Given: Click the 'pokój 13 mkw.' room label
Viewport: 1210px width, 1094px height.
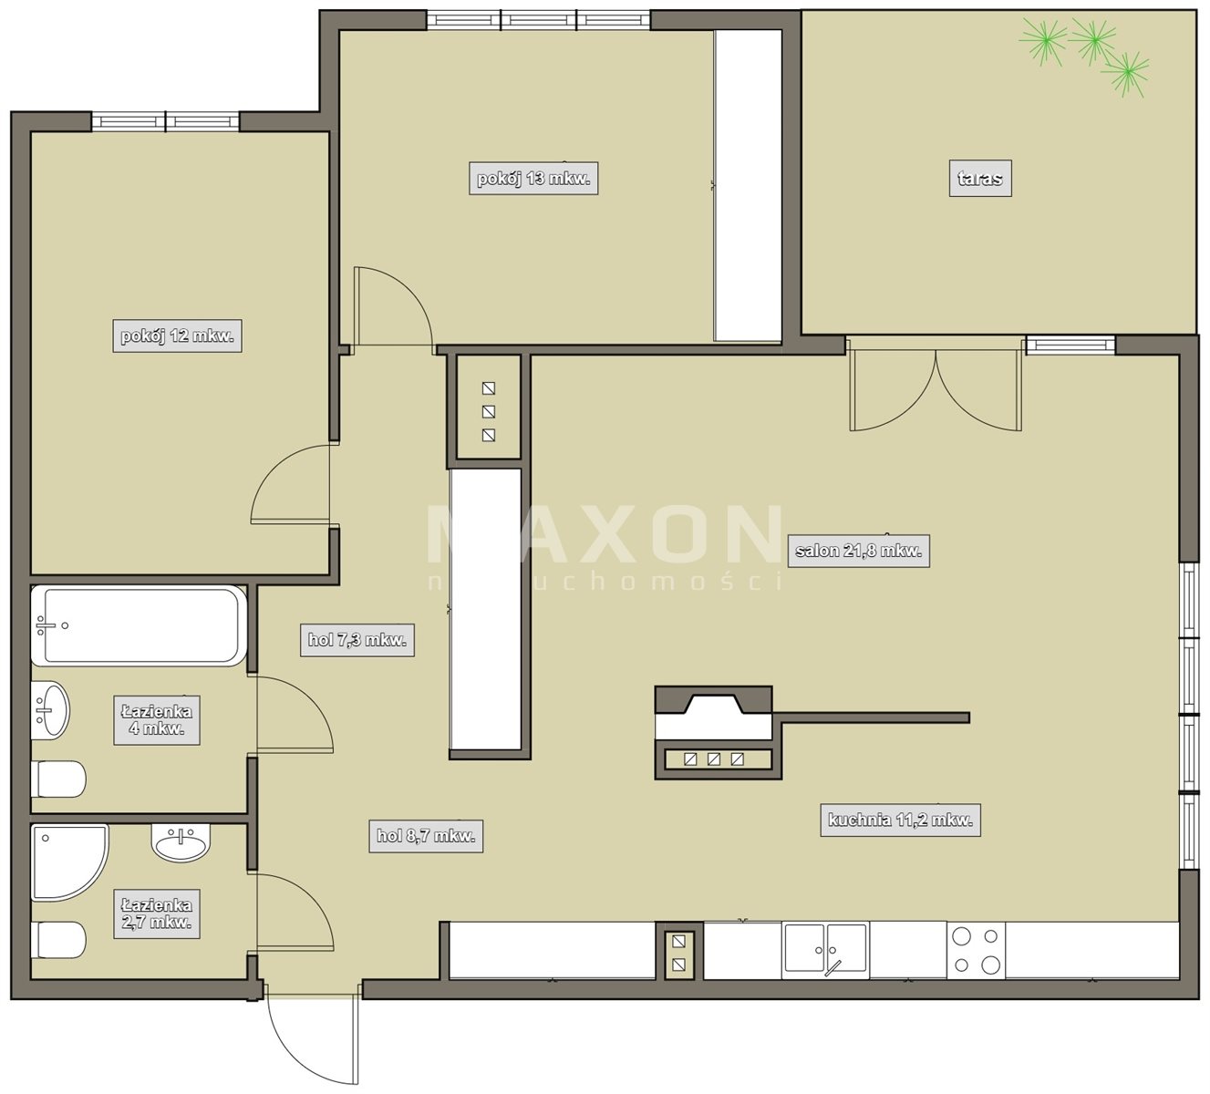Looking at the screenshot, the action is click(533, 179).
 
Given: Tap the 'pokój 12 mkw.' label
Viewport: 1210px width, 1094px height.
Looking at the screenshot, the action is click(177, 335).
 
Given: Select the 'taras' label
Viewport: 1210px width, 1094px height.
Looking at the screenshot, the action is click(980, 179).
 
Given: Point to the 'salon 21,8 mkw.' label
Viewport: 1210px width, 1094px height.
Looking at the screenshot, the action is click(859, 551).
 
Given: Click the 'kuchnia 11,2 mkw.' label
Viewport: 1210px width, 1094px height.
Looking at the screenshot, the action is click(901, 820).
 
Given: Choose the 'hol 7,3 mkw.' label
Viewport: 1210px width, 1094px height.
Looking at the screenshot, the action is click(357, 640).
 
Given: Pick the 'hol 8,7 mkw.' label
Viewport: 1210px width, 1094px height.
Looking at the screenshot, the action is click(426, 836).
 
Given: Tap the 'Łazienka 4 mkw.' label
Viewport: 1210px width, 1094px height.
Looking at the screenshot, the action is click(157, 720).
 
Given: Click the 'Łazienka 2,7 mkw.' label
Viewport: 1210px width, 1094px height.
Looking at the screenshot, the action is click(157, 913).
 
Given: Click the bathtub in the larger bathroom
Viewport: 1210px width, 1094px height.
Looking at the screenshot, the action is click(139, 625).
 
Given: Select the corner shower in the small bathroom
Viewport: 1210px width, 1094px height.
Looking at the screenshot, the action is click(70, 863).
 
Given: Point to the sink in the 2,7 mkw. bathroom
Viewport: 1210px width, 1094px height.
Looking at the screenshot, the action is click(181, 842).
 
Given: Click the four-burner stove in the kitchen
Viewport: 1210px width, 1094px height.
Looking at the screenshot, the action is click(976, 951).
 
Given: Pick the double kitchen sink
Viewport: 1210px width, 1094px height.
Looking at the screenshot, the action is click(826, 949).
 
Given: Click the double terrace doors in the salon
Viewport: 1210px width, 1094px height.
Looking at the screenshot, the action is click(936, 385).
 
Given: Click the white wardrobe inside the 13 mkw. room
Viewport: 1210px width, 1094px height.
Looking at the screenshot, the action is click(749, 186).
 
